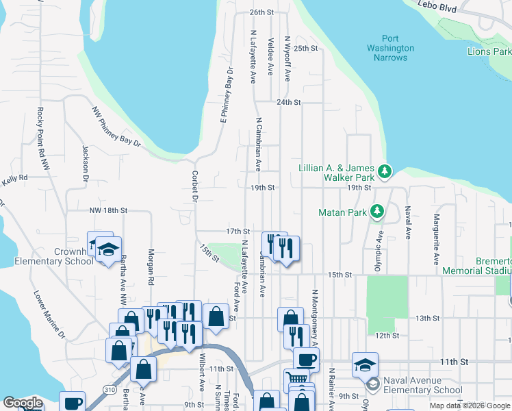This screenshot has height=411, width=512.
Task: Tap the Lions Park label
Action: tap(488, 51)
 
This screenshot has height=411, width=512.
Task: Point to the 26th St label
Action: tap(261, 12)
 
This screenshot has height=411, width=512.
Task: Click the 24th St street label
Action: tap(289, 102)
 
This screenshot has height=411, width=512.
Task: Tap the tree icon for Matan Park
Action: tap(376, 212)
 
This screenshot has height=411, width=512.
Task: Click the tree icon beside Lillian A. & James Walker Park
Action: tap(385, 170)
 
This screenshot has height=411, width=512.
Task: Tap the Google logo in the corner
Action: tap(23, 403)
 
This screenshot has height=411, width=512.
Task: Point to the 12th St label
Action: tap(387, 335)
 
